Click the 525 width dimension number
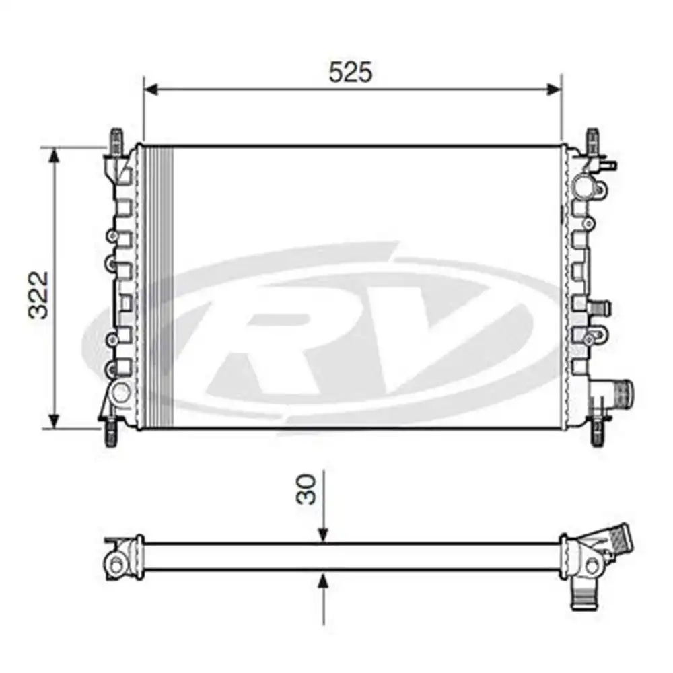click(350, 72)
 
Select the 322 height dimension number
click(40, 293)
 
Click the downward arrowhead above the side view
click(324, 534)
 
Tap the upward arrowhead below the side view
click(324, 580)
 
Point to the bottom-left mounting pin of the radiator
click(110, 433)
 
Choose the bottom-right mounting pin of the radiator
click(596, 433)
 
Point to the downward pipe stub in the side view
click(582, 592)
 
